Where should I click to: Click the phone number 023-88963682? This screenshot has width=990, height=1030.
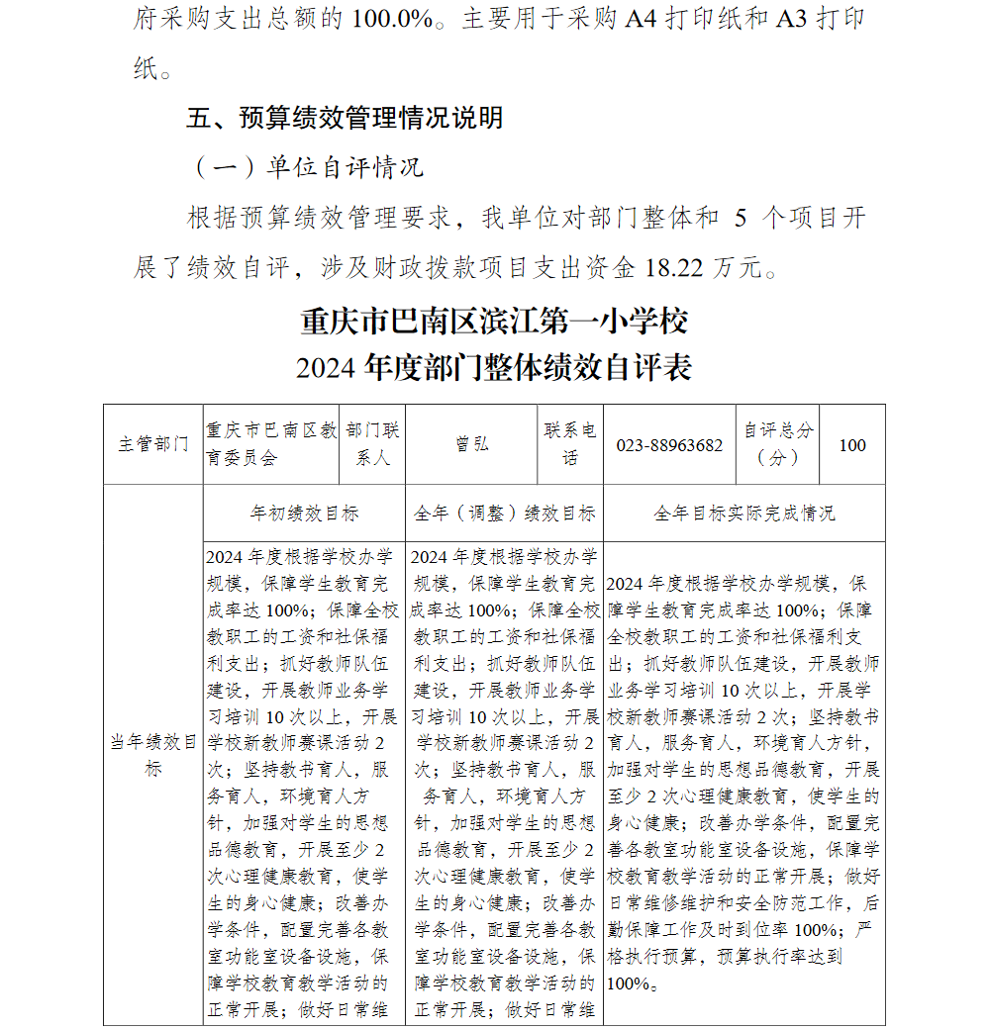tap(669, 445)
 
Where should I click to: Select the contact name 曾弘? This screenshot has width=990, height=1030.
tap(471, 444)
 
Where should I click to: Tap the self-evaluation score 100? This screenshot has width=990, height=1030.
tap(851, 445)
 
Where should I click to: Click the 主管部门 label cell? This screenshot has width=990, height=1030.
tap(153, 444)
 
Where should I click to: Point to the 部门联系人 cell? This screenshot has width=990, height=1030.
tap(372, 444)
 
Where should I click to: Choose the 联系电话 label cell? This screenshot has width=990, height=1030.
tap(570, 444)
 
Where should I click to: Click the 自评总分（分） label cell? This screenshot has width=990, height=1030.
tap(779, 444)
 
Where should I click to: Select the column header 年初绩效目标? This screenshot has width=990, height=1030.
tap(304, 514)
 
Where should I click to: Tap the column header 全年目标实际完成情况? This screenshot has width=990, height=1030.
tap(743, 514)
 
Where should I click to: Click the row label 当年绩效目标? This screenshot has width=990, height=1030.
tap(152, 754)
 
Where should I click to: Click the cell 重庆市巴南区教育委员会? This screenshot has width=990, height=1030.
tap(270, 444)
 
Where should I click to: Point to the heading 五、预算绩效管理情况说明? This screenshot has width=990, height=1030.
tap(345, 118)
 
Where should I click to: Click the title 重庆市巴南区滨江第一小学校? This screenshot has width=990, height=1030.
tap(493, 322)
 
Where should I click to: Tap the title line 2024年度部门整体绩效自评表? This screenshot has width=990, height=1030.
tap(493, 368)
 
